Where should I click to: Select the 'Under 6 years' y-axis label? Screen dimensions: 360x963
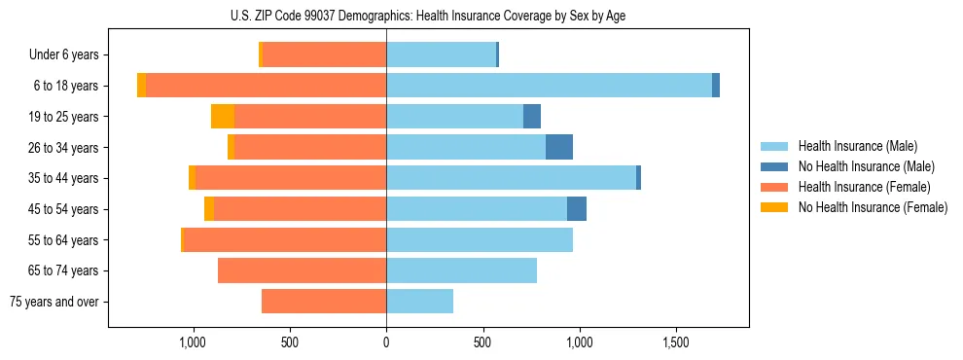click(x=70, y=55)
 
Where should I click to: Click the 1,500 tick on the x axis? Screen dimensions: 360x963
click(x=676, y=342)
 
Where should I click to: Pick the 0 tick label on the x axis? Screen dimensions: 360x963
click(x=386, y=342)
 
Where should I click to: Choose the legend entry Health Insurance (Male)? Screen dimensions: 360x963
click(x=858, y=146)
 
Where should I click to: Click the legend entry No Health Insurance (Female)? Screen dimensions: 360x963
click(x=873, y=207)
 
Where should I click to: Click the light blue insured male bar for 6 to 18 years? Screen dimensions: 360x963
click(x=549, y=86)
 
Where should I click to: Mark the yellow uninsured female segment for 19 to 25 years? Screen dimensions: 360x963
click(x=223, y=117)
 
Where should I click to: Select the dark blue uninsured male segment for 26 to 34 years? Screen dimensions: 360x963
click(x=559, y=147)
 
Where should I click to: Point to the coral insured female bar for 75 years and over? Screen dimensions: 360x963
click(x=324, y=302)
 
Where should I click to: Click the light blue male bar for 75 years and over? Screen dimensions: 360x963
click(x=419, y=302)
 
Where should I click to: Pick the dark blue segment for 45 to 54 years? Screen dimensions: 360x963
click(x=577, y=209)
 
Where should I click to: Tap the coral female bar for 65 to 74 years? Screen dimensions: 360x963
click(x=302, y=270)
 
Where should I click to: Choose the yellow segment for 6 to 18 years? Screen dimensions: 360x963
click(x=141, y=86)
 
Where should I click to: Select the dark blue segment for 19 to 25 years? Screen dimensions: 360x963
click(x=532, y=117)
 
